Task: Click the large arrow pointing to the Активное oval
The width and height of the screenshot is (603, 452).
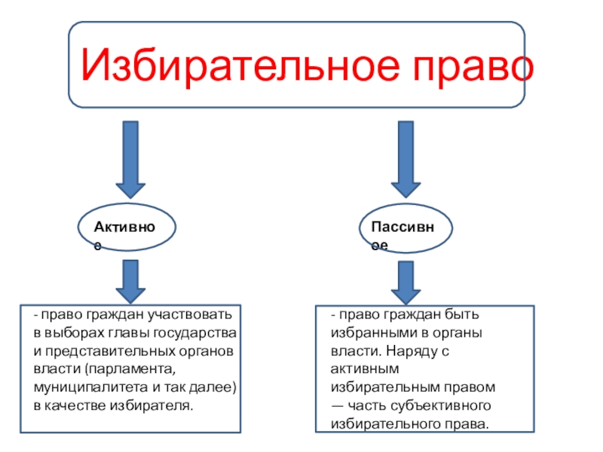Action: tap(130, 161)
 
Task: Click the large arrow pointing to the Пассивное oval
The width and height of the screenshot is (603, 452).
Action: tap(406, 161)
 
